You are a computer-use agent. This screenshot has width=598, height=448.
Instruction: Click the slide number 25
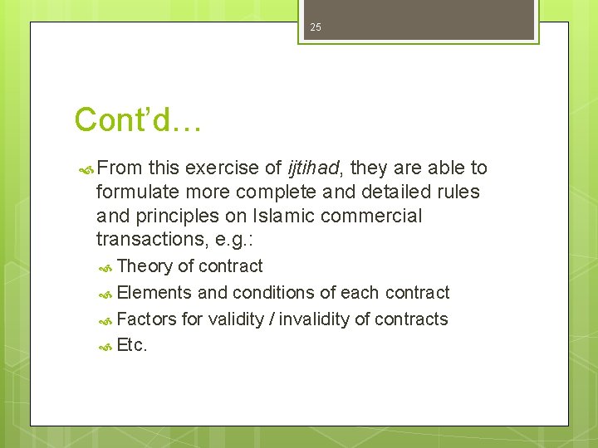315,27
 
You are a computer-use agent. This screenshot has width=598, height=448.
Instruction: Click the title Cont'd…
137,120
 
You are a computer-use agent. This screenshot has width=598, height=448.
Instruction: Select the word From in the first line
120,168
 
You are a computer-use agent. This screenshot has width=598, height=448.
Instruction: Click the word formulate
135,192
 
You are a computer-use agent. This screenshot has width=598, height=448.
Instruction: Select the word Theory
145,266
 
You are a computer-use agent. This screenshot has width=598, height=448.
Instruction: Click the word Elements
154,293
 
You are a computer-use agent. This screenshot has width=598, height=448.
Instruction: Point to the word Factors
148,319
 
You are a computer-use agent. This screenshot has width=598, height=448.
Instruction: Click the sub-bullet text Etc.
132,346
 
